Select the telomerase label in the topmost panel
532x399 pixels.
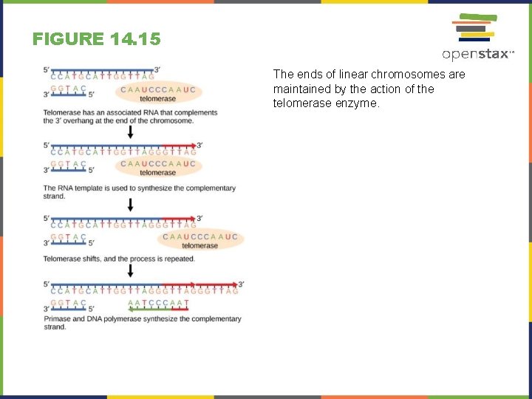click(x=158, y=99)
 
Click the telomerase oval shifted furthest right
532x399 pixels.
click(x=200, y=240)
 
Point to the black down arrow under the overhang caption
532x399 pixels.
click(x=131, y=132)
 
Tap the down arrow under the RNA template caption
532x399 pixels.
click(x=131, y=204)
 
